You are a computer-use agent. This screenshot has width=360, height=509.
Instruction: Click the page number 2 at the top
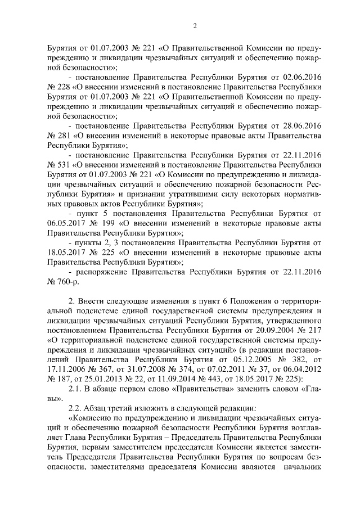195,24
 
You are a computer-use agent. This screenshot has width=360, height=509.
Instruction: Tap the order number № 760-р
65,281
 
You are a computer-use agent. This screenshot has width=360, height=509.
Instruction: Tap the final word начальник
303,466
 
